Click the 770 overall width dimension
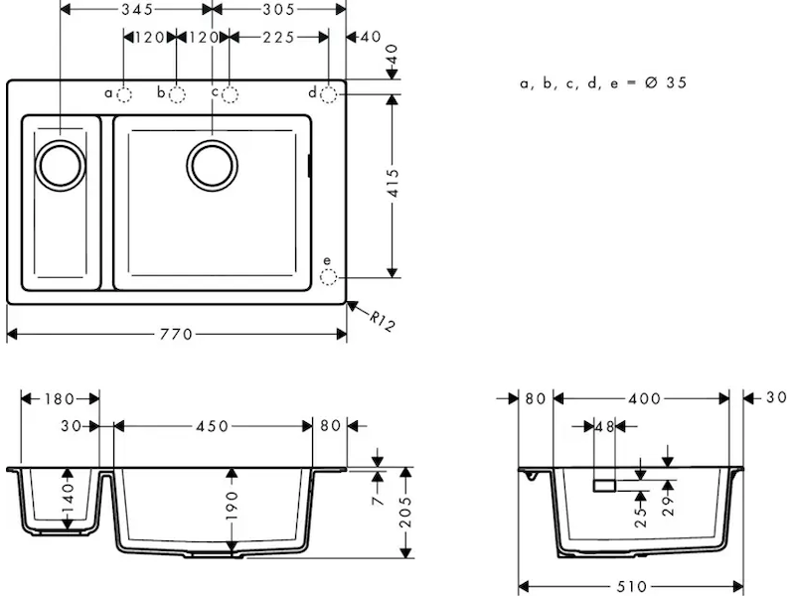(x=176, y=335)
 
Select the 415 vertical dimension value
(x=393, y=184)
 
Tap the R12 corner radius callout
(x=382, y=321)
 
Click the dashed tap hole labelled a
(x=124, y=94)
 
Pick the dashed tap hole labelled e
(x=328, y=277)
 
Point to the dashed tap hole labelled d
(x=329, y=94)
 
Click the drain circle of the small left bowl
(x=61, y=166)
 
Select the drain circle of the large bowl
(x=212, y=166)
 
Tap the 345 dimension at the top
(x=137, y=9)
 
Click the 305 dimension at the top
(x=278, y=9)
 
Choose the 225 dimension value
(x=278, y=37)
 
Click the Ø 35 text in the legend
(x=666, y=82)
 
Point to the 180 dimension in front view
(x=60, y=399)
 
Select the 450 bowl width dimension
(x=213, y=426)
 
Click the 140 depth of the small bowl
(x=68, y=499)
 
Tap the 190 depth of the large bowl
(x=232, y=506)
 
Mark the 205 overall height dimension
(x=405, y=513)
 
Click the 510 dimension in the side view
(x=631, y=587)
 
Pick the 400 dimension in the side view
(x=644, y=399)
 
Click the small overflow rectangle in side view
(x=604, y=486)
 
